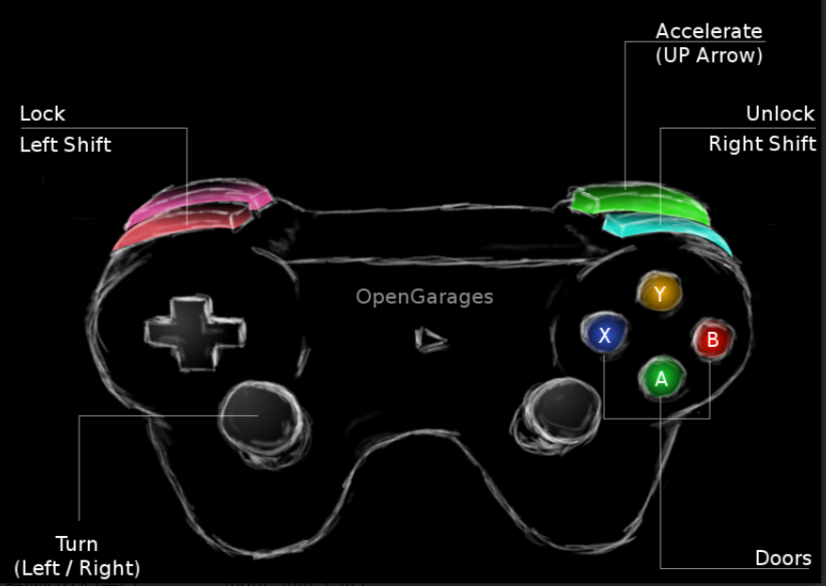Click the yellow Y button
pyautogui.click(x=659, y=293)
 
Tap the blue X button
pyautogui.click(x=605, y=334)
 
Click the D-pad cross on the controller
pyautogui.click(x=195, y=331)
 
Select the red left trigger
pyautogui.click(x=180, y=227)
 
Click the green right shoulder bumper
pyautogui.click(x=639, y=201)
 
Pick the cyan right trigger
pyautogui.click(x=667, y=230)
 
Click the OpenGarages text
pyautogui.click(x=424, y=297)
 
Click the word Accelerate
pyautogui.click(x=709, y=31)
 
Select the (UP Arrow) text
pyautogui.click(x=709, y=55)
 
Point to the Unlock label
pyautogui.click(x=780, y=113)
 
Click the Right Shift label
pyautogui.click(x=762, y=145)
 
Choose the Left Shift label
pyautogui.click(x=65, y=145)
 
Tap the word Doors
pyautogui.click(x=782, y=558)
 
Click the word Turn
pyautogui.click(x=77, y=544)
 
